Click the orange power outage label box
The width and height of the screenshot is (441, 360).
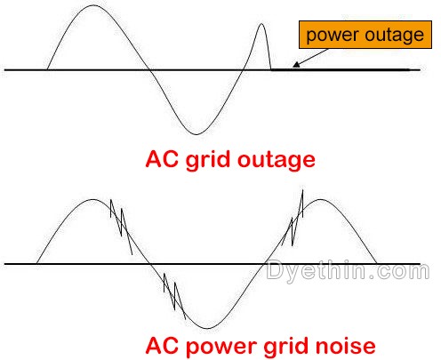[x=365, y=35]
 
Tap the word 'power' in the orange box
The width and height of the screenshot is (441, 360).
[x=333, y=36]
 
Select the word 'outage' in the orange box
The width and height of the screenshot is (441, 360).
[x=394, y=36]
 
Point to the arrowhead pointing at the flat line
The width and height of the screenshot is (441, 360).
[x=296, y=64]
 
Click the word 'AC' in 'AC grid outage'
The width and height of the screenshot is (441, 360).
[x=162, y=159]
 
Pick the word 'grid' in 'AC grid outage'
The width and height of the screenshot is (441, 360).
[x=208, y=160]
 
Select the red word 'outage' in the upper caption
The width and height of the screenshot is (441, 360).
[x=277, y=160]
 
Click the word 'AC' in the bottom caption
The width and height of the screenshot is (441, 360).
[x=162, y=345]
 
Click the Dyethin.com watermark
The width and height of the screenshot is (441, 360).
[x=348, y=270]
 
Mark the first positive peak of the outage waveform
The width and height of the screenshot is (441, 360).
[x=93, y=5]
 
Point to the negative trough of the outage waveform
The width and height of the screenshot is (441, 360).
[x=196, y=134]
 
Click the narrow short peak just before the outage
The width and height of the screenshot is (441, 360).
[x=261, y=24]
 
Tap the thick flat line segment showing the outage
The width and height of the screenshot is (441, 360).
[x=341, y=69]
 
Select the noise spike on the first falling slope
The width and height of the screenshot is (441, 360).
[x=121, y=227]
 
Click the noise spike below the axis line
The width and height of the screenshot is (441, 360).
[x=174, y=296]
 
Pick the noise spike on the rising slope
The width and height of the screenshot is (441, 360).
[x=293, y=218]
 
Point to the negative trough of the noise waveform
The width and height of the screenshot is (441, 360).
[x=207, y=328]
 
